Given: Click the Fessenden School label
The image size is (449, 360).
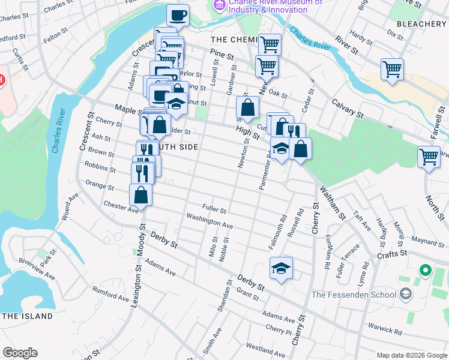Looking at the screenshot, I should (x=354, y=295).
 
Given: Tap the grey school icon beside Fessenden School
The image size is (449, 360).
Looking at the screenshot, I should (x=406, y=293).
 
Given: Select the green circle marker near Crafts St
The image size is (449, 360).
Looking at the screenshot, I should (x=426, y=271).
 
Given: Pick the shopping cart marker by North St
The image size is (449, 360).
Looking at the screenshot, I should (x=429, y=157).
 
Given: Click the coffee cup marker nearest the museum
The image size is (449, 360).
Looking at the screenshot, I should (x=177, y=15).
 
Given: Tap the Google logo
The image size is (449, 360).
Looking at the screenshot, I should (x=20, y=353).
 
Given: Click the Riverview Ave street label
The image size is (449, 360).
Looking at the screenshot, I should (x=37, y=269).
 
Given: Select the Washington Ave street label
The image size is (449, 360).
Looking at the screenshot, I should (x=209, y=221).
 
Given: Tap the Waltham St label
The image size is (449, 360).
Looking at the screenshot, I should (x=333, y=203).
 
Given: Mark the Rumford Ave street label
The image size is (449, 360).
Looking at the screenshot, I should (x=110, y=293).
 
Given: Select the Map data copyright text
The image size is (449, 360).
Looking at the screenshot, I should (x=411, y=354).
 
